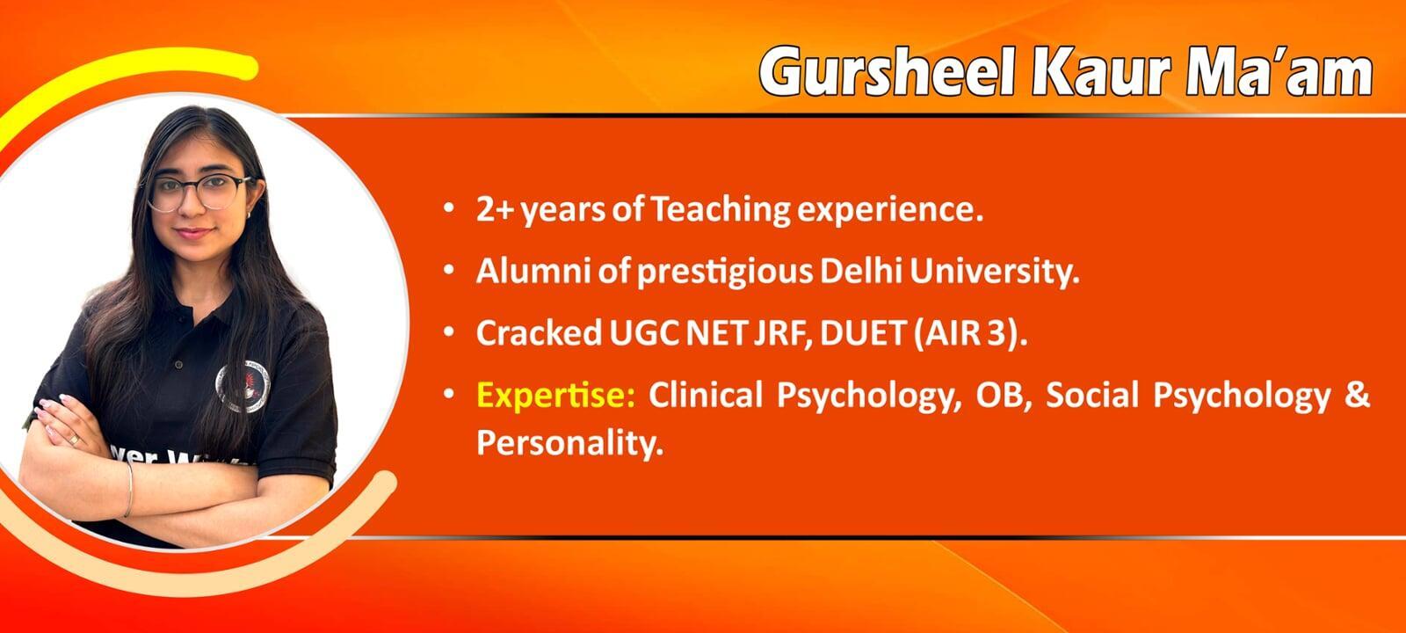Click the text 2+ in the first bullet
496,209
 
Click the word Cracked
540,333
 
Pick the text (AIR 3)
970,333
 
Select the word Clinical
706,396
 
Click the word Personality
570,444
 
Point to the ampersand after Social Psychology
1358,396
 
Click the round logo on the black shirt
243,387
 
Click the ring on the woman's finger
74,440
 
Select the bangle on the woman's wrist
128,489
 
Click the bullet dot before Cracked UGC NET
449,332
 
